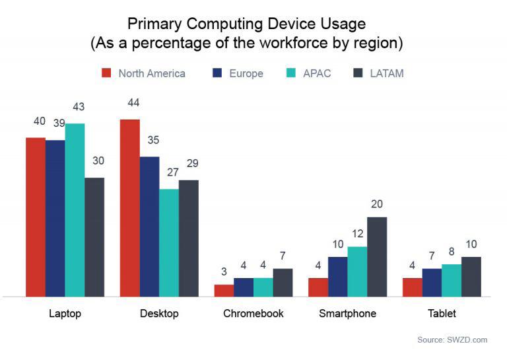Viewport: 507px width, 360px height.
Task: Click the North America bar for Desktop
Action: [129, 208]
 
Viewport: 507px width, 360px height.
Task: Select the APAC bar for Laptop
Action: [75, 210]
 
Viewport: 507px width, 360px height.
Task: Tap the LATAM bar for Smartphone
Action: [377, 257]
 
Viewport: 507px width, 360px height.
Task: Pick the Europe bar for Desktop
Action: [149, 227]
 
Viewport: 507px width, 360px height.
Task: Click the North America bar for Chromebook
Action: [224, 291]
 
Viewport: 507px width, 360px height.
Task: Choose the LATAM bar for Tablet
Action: [471, 277]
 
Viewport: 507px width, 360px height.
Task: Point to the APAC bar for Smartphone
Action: [357, 271]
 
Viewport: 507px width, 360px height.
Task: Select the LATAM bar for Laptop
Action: [94, 237]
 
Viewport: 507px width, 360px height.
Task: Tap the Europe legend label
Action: [246, 73]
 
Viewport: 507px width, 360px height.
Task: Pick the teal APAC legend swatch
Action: [292, 73]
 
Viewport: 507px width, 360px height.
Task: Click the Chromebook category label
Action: [253, 313]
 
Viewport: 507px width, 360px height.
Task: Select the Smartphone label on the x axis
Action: [347, 313]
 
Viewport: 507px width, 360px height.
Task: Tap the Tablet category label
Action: [442, 313]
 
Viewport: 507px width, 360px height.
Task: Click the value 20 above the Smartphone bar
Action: [377, 204]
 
